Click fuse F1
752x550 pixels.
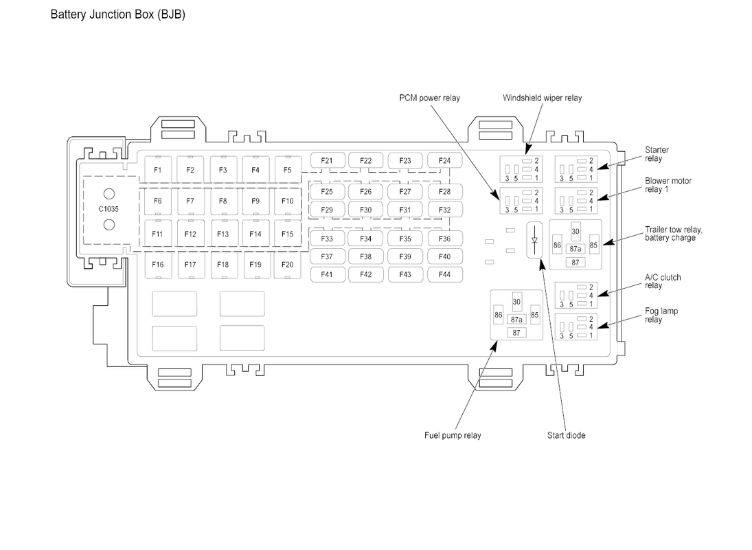(158, 169)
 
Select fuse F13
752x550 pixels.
(223, 234)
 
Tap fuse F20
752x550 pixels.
(287, 265)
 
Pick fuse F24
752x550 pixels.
(444, 160)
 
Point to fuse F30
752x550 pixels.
(366, 210)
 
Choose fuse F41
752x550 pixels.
(327, 274)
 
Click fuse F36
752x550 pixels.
(444, 239)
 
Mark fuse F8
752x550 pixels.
(223, 201)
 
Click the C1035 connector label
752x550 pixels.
(109, 209)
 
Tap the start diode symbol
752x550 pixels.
(535, 241)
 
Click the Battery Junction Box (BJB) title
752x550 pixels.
(118, 14)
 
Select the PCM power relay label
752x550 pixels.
(430, 98)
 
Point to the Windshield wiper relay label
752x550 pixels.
(543, 98)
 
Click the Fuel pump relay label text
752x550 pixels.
(453, 435)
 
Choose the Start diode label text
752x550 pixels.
(567, 435)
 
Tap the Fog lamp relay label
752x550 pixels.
(661, 316)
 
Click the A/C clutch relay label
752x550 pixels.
(663, 281)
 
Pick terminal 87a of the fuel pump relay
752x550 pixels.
(516, 320)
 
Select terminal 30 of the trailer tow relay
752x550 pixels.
(576, 231)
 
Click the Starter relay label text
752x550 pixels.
(657, 154)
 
